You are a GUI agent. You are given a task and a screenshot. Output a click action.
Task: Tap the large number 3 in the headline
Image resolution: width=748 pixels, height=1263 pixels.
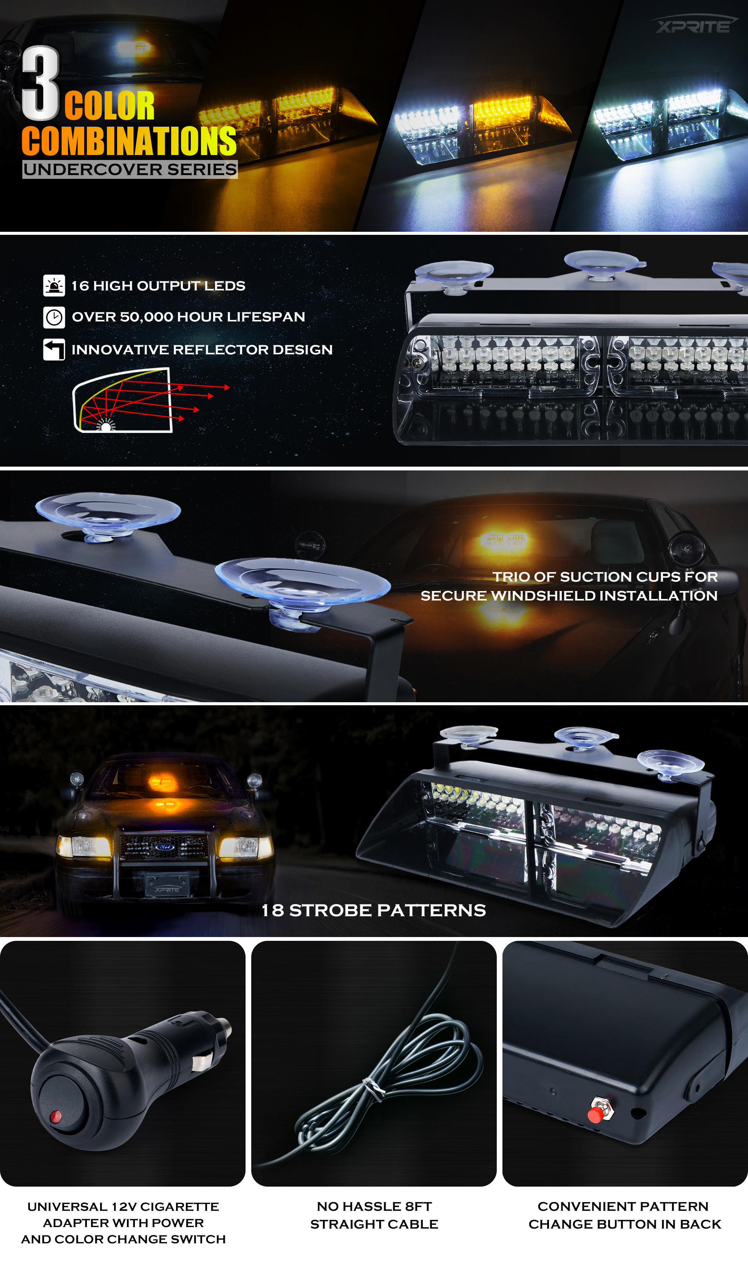click(x=40, y=83)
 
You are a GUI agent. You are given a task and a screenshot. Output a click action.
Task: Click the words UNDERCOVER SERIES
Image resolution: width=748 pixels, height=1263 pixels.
click(x=130, y=169)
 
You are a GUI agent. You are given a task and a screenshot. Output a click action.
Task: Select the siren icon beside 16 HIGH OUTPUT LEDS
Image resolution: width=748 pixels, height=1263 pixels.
click(x=54, y=285)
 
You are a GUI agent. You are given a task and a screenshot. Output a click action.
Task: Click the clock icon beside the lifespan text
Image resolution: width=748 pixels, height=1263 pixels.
click(x=54, y=317)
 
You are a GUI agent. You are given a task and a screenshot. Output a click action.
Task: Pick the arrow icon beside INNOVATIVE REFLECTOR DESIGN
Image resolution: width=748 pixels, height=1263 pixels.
click(x=54, y=349)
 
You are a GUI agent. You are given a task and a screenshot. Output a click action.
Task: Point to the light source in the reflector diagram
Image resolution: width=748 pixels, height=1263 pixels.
click(x=106, y=427)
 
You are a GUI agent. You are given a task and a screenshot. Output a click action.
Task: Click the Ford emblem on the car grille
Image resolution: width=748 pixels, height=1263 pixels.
click(x=164, y=847)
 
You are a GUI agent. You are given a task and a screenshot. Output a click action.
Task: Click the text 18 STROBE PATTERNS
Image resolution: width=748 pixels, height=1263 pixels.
click(x=374, y=911)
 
